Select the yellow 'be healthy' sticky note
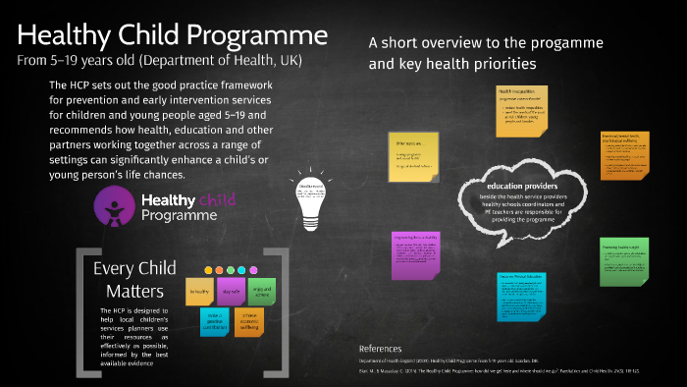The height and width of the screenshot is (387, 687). click(x=201, y=292)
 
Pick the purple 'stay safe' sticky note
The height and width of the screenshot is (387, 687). click(x=232, y=292)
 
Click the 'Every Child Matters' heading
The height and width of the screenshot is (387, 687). click(x=134, y=280)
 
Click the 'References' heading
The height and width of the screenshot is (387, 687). click(x=381, y=349)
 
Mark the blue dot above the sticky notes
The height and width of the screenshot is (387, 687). click(x=242, y=270)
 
